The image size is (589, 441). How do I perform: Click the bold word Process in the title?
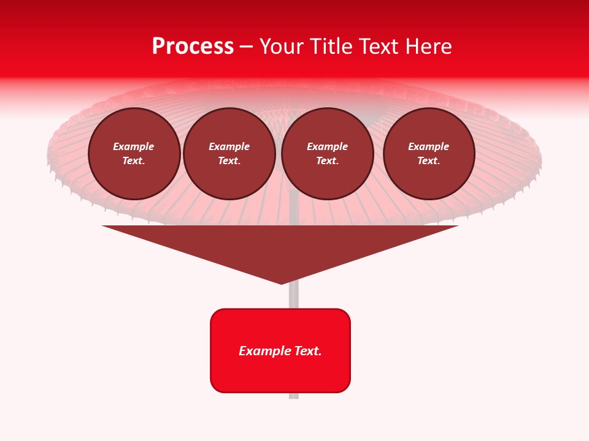click(193, 47)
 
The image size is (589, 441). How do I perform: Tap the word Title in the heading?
click(329, 47)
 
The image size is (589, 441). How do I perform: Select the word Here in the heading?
click(428, 47)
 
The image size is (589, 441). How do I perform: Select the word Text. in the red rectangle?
click(307, 351)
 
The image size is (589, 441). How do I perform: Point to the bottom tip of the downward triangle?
click(281, 282)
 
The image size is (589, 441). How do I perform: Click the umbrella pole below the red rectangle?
click(294, 395)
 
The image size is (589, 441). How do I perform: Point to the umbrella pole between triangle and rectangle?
click(294, 297)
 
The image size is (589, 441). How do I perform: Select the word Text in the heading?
click(379, 47)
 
